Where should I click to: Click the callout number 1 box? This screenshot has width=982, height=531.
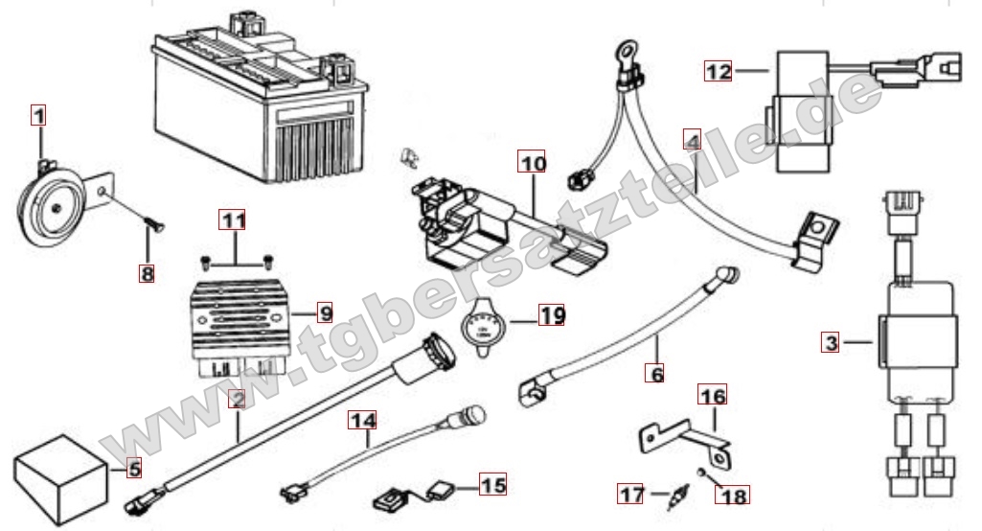37,117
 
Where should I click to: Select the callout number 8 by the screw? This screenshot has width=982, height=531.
146,274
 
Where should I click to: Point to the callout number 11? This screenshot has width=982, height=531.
234,221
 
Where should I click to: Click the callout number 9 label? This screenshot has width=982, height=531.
324,312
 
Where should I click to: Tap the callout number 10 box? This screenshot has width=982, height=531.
534,164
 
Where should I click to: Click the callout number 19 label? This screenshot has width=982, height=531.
551,314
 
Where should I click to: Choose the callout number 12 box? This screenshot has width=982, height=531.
719,70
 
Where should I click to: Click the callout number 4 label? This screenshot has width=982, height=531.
692,139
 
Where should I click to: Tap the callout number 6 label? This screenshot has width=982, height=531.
656,374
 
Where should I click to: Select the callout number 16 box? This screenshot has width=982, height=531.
712,394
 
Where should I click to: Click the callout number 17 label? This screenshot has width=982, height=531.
630,495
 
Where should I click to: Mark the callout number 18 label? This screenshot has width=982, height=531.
734,496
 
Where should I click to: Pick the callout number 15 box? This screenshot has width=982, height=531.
492,486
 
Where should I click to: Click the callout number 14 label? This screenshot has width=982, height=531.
363,420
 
